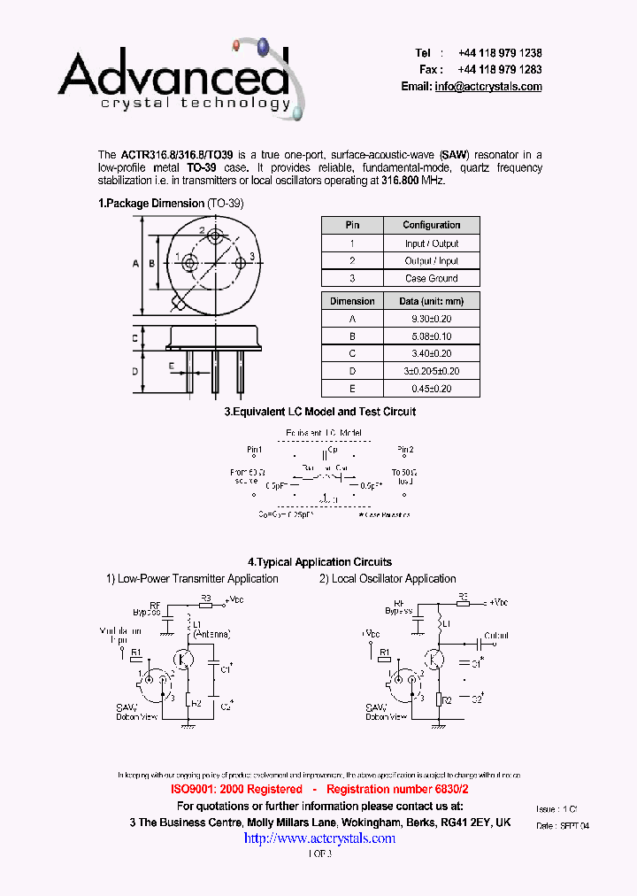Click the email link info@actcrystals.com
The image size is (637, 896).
[487, 87]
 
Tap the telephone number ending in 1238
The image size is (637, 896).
[500, 53]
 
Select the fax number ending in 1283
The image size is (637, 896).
[500, 69]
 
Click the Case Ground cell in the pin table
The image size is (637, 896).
[431, 278]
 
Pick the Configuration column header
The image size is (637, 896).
[431, 225]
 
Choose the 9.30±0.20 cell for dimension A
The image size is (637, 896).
[431, 319]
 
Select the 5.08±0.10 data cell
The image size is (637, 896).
[431, 336]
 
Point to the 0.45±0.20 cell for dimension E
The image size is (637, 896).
[431, 389]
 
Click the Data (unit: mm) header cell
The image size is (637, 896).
[431, 301]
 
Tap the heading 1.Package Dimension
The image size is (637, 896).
[151, 204]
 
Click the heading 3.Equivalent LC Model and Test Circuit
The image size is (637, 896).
[319, 412]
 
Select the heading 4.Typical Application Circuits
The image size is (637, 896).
[319, 562]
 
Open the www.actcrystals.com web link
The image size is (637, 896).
[319, 838]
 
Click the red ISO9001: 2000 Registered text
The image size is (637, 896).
[236, 789]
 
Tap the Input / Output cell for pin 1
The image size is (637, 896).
[431, 243]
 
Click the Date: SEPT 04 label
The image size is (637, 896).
[563, 825]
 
